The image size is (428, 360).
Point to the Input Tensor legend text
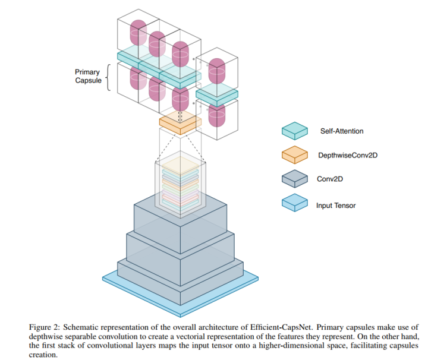(336, 205)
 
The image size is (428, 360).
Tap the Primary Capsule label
(87, 77)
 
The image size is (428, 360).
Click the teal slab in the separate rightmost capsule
(216, 94)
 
